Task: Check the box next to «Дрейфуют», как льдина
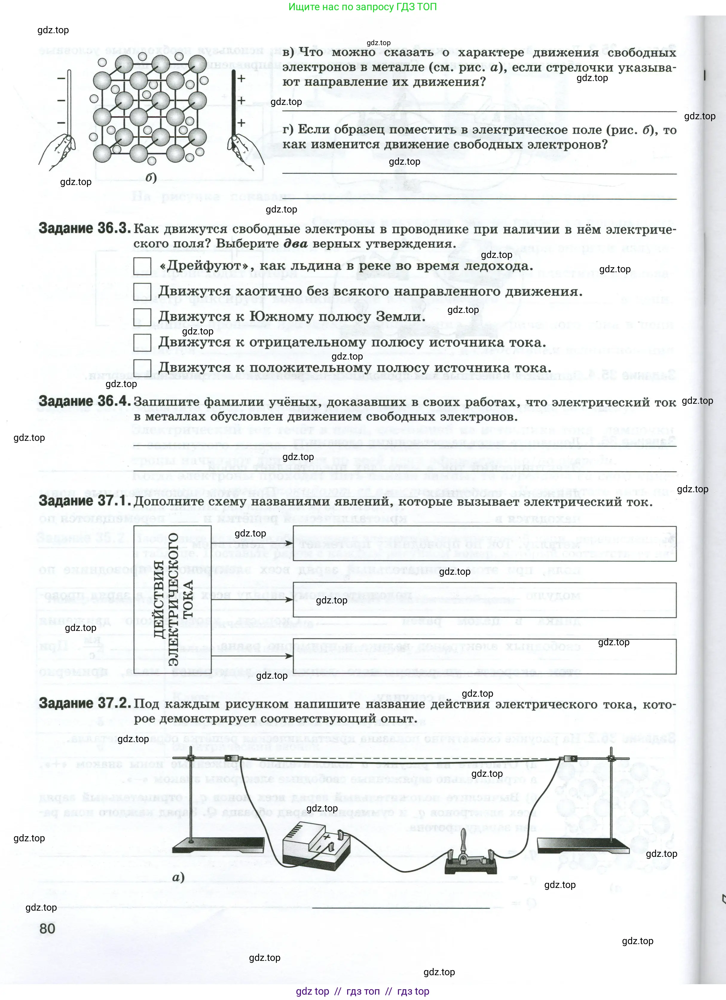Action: (142, 266)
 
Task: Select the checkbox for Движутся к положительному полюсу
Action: (142, 368)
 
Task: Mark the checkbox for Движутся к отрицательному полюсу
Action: (142, 342)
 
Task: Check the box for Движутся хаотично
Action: (142, 291)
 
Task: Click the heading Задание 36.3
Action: (84, 228)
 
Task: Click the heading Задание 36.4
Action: (84, 401)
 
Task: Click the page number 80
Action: (47, 929)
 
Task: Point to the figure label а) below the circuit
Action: (178, 877)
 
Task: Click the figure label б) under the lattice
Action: (151, 177)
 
